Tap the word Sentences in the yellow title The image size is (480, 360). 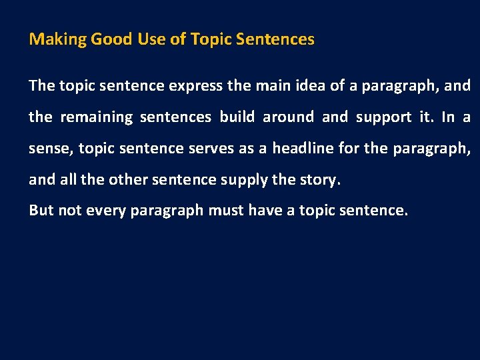click(x=280, y=39)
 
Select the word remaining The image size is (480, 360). click(x=97, y=117)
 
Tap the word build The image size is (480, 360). click(x=237, y=117)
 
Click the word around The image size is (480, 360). click(x=288, y=117)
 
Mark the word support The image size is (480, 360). click(x=383, y=117)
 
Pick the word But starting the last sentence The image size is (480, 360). click(x=41, y=210)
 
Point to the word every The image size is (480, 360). click(x=106, y=210)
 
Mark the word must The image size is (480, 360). click(x=226, y=210)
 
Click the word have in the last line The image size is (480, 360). click(x=265, y=210)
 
